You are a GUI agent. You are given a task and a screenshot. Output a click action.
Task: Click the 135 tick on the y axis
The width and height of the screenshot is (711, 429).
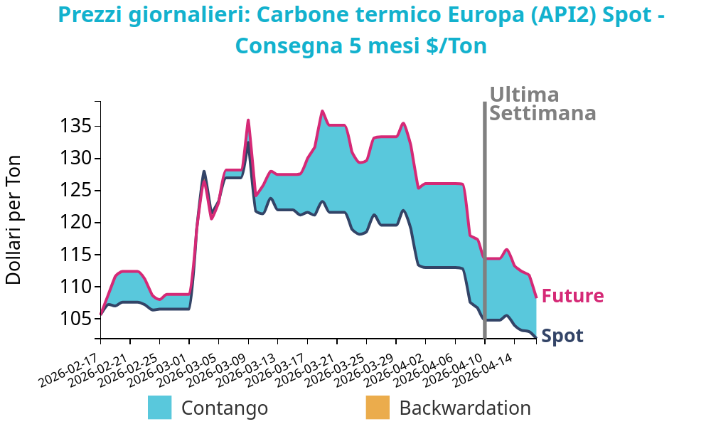tap(74, 127)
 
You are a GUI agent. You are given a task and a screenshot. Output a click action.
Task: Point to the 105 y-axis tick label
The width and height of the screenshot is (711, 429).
tap(74, 319)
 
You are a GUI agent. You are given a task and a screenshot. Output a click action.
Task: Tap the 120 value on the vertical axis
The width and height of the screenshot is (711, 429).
tap(74, 223)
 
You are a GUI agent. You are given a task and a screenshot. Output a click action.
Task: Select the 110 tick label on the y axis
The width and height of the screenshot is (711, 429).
tap(74, 287)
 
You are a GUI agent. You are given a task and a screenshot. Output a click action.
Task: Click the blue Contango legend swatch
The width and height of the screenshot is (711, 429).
tap(159, 408)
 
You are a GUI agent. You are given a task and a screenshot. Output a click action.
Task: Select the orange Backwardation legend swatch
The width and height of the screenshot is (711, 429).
tap(378, 408)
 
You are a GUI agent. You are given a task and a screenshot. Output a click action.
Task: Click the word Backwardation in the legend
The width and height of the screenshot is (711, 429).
tap(465, 408)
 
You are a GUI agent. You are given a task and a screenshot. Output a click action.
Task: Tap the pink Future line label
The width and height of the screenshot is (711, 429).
tap(572, 296)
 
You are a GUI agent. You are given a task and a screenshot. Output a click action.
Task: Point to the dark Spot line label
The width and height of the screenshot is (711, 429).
tap(562, 336)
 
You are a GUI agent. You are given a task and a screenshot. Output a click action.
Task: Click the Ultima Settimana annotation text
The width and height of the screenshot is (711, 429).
tap(542, 105)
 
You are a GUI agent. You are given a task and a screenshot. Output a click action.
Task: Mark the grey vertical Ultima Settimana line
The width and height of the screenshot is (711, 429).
tap(485, 213)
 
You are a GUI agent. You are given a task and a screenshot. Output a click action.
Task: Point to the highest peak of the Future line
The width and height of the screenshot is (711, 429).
tap(322, 111)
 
